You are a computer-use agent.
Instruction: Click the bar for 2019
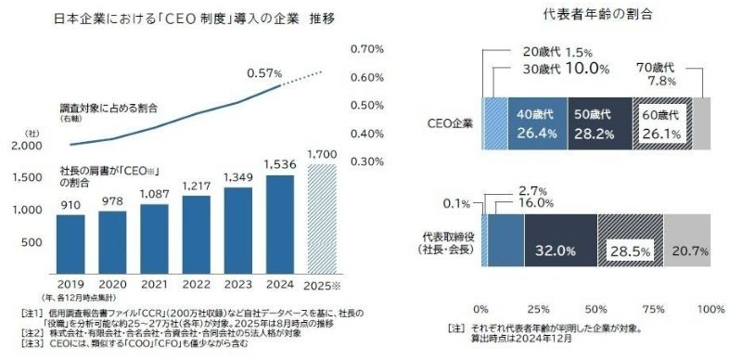pyautogui.click(x=70, y=243)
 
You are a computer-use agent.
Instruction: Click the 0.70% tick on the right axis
pyautogui.click(x=368, y=48)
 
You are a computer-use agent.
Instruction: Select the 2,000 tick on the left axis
pyautogui.click(x=30, y=147)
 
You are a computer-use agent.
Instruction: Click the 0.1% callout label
pyautogui.click(x=463, y=203)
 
